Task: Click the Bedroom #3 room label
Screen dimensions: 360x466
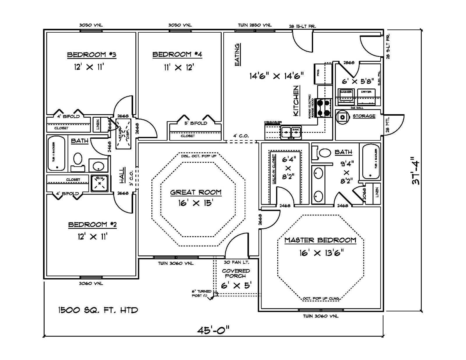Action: [92, 55]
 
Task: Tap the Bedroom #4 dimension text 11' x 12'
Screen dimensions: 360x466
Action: [179, 68]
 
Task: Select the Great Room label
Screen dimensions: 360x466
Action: [196, 192]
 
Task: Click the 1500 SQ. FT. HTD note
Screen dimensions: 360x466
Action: [98, 310]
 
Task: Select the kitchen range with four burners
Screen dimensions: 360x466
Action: [324, 107]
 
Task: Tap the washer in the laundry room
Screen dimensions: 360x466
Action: [346, 96]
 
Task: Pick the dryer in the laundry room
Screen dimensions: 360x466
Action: [366, 96]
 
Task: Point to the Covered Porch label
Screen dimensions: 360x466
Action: [236, 273]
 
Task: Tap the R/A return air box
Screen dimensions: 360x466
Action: [100, 183]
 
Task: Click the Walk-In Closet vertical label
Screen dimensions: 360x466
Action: [274, 169]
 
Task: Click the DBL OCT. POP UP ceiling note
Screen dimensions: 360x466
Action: [199, 156]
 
